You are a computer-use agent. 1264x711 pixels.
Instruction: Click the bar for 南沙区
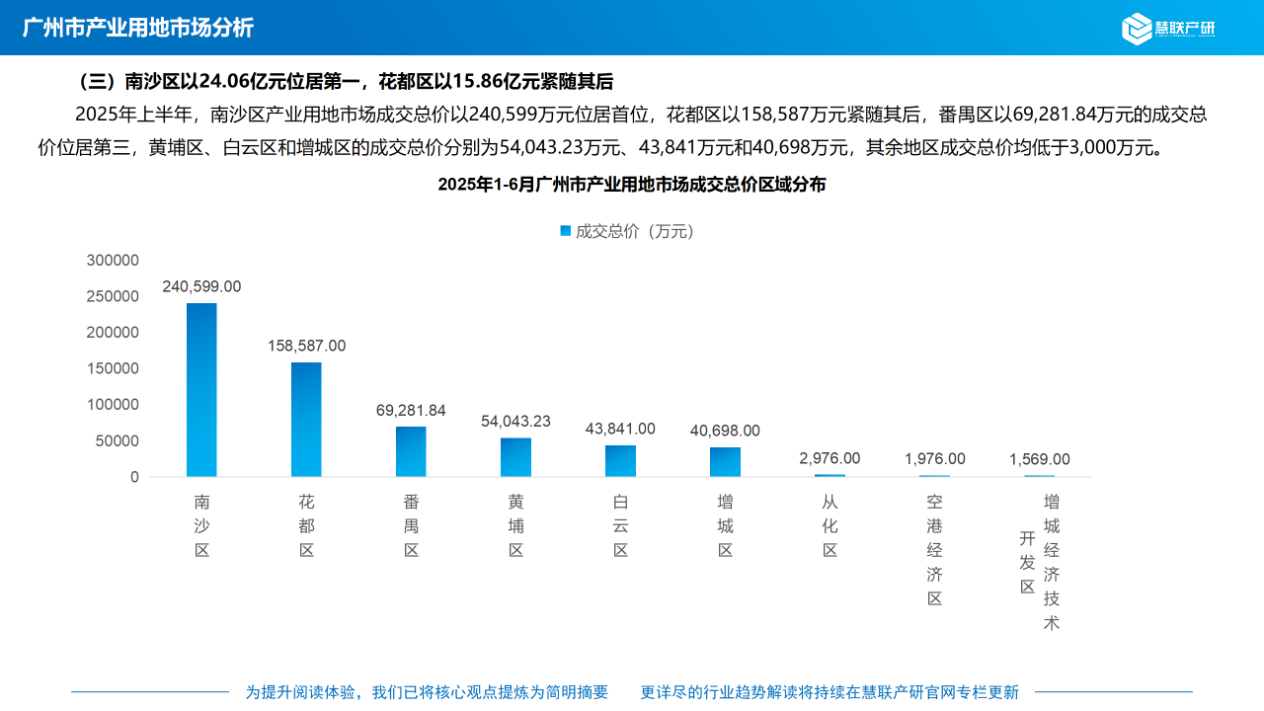coord(201,390)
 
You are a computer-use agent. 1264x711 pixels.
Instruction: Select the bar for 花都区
coord(306,420)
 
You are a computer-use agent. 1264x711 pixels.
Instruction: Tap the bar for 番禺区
coord(411,451)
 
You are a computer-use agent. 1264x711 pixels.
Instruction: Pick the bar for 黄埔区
coord(515,457)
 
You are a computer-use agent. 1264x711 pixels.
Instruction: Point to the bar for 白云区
coord(620,461)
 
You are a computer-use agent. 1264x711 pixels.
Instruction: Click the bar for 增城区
coord(725,462)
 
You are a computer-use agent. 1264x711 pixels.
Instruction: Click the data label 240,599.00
coord(201,286)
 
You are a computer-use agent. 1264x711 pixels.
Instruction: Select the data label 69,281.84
coord(411,411)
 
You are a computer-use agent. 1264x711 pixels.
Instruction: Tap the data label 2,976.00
coord(829,458)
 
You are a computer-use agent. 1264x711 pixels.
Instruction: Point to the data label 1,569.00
coord(1039,459)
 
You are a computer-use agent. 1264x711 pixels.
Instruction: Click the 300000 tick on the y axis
coord(113,260)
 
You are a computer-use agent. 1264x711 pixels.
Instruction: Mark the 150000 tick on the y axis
coord(113,368)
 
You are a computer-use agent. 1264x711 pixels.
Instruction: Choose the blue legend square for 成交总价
coord(565,230)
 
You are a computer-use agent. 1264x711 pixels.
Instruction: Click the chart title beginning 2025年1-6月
coord(632,185)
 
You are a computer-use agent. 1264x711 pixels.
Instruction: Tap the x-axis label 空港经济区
coord(934,550)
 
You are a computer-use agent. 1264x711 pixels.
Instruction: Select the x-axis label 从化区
coord(829,526)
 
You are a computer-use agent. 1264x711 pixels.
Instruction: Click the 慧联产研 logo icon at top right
coord(1137,28)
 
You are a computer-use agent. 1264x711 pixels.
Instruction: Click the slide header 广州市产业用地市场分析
coord(138,28)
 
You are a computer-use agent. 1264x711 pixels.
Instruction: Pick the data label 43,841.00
coord(620,429)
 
